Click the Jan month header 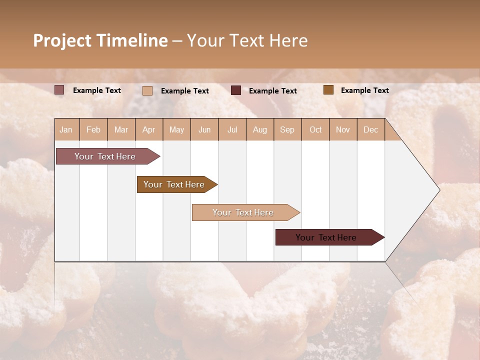pos(66,129)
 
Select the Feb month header pos(93,129)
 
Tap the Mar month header pos(121,129)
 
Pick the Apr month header pos(149,129)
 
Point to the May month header pos(176,129)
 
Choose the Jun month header pos(204,129)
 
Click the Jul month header pos(232,129)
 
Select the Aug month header pos(260,129)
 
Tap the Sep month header pos(287,129)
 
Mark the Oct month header pos(315,129)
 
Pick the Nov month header pos(343,129)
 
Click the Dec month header pos(371,129)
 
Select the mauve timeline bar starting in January pos(105,156)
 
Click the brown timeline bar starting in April pos(174,184)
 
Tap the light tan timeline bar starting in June pos(243,212)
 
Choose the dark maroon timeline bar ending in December pos(326,237)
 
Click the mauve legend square pos(59,90)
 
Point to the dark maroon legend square pos(236,90)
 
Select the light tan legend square pos(147,90)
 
